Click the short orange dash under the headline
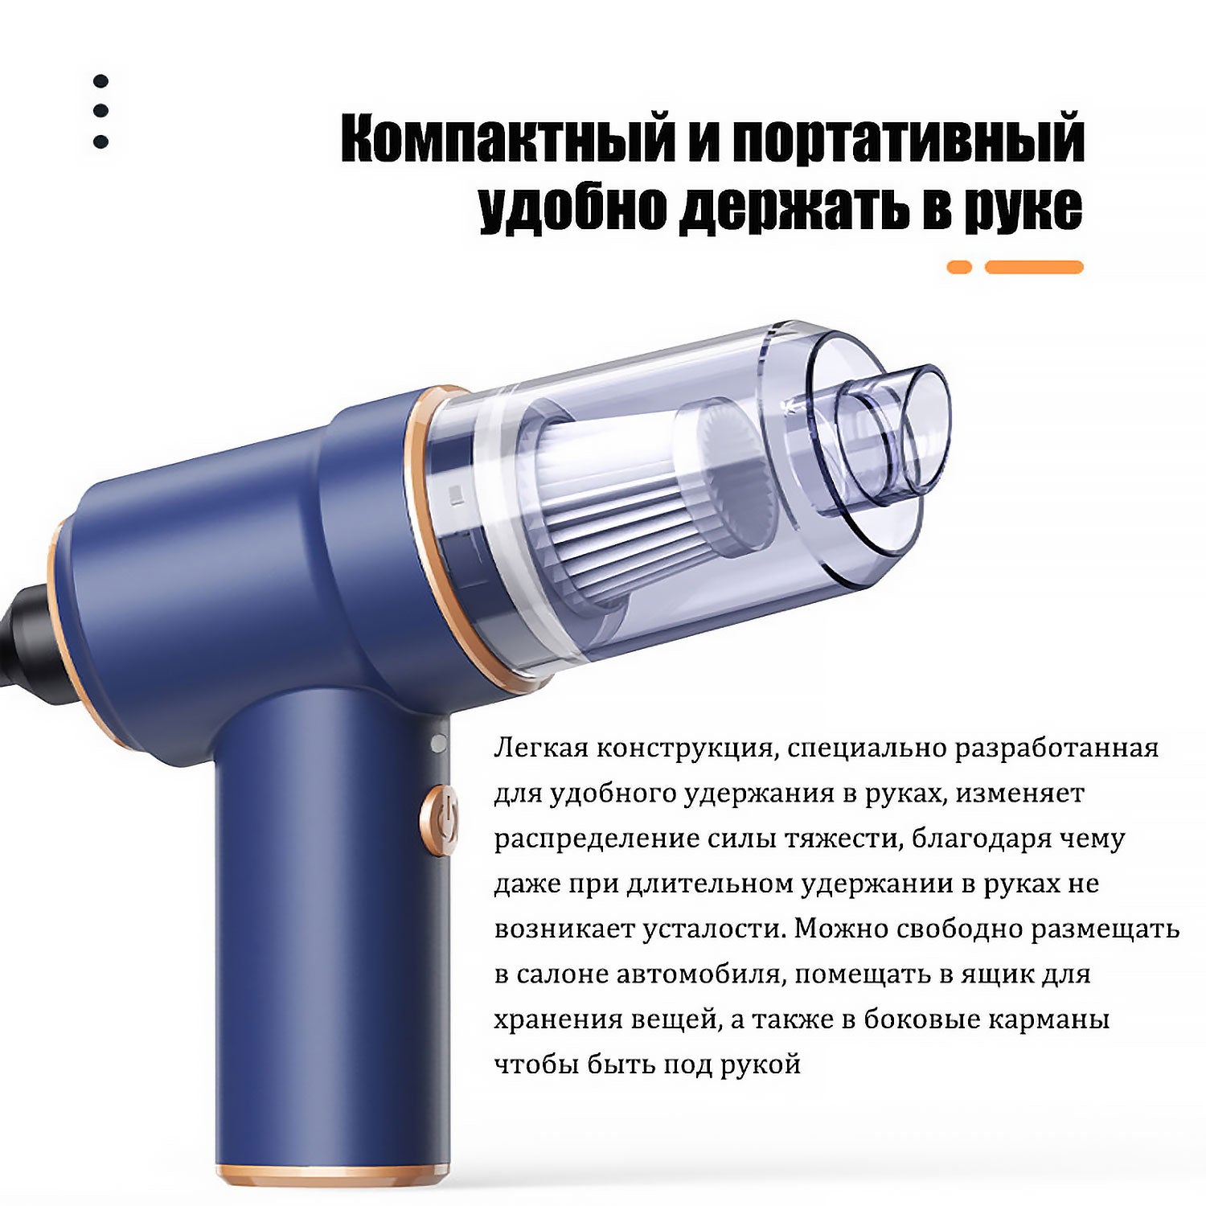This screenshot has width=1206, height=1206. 959,267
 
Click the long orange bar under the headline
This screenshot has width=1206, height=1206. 1034,267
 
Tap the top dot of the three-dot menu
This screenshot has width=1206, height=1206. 100,81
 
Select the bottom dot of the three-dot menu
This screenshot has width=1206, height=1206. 100,142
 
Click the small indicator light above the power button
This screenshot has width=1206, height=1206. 438,744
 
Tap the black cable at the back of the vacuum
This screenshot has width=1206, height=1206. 24,635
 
